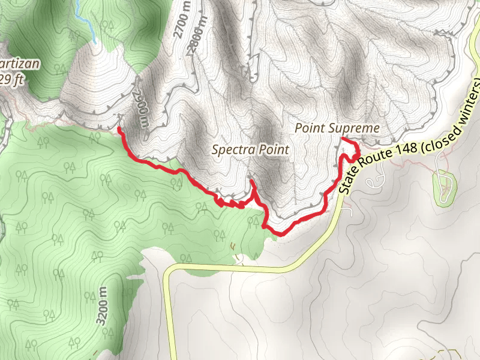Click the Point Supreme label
(338, 128)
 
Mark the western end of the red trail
(119, 128)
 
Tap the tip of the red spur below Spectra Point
(251, 181)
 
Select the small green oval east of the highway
(444, 188)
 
